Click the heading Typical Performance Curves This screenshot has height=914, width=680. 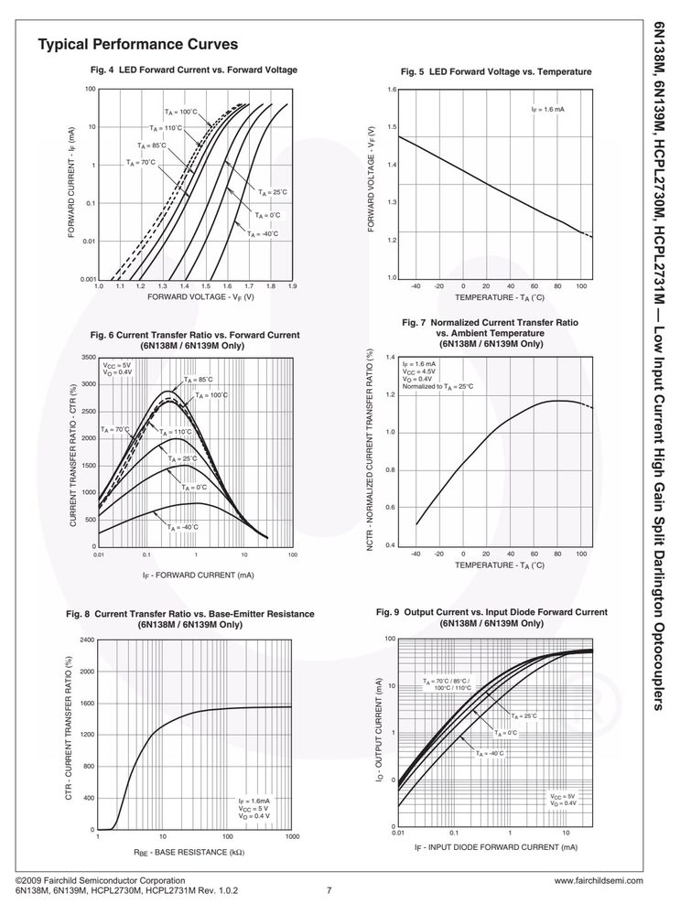tap(137, 44)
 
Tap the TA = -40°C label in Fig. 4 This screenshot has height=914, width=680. tap(263, 233)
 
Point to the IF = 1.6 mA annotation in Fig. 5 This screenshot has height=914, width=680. tap(547, 110)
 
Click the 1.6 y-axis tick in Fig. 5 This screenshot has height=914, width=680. tap(392, 90)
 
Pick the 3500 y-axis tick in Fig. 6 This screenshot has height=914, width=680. tap(89, 358)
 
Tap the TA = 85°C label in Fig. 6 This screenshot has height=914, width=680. tap(199, 380)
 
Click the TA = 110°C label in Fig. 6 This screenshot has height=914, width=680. tap(176, 432)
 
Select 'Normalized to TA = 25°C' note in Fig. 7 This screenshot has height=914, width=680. tap(438, 386)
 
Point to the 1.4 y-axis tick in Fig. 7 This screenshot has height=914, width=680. tap(390, 357)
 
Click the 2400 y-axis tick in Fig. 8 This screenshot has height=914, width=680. tap(87, 640)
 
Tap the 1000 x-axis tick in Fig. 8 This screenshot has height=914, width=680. tap(292, 836)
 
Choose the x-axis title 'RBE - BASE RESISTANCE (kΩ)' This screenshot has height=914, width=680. tap(189, 852)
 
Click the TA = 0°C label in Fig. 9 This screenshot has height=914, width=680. tap(505, 733)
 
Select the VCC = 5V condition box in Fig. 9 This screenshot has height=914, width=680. tap(564, 800)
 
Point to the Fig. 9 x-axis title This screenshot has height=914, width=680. tap(496, 847)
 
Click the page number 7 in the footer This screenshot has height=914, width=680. tap(329, 890)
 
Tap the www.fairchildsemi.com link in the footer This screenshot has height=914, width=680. tap(599, 881)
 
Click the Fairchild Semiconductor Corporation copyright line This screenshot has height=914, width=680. tap(101, 881)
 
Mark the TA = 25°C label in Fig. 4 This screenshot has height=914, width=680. tap(273, 192)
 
